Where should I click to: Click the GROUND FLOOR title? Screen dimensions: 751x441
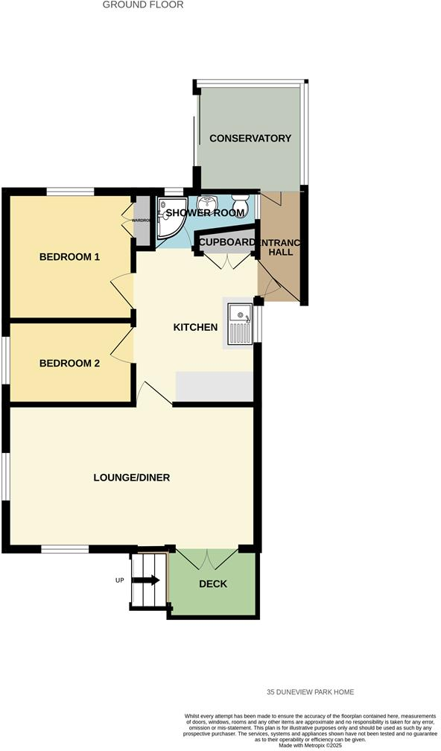(142, 4)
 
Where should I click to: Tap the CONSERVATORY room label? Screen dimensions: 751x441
(250, 139)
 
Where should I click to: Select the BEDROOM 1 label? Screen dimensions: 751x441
(69, 257)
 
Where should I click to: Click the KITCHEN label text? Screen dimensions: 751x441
(195, 327)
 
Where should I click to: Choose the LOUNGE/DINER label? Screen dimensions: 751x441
(132, 477)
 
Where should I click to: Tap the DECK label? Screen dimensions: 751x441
(212, 583)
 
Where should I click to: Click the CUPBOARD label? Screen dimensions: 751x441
(226, 243)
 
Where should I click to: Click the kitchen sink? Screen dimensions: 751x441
(241, 325)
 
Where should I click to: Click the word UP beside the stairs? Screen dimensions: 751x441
(119, 580)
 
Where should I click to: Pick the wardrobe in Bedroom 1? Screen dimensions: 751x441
(142, 221)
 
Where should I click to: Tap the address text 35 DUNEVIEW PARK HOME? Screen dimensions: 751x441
(311, 691)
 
